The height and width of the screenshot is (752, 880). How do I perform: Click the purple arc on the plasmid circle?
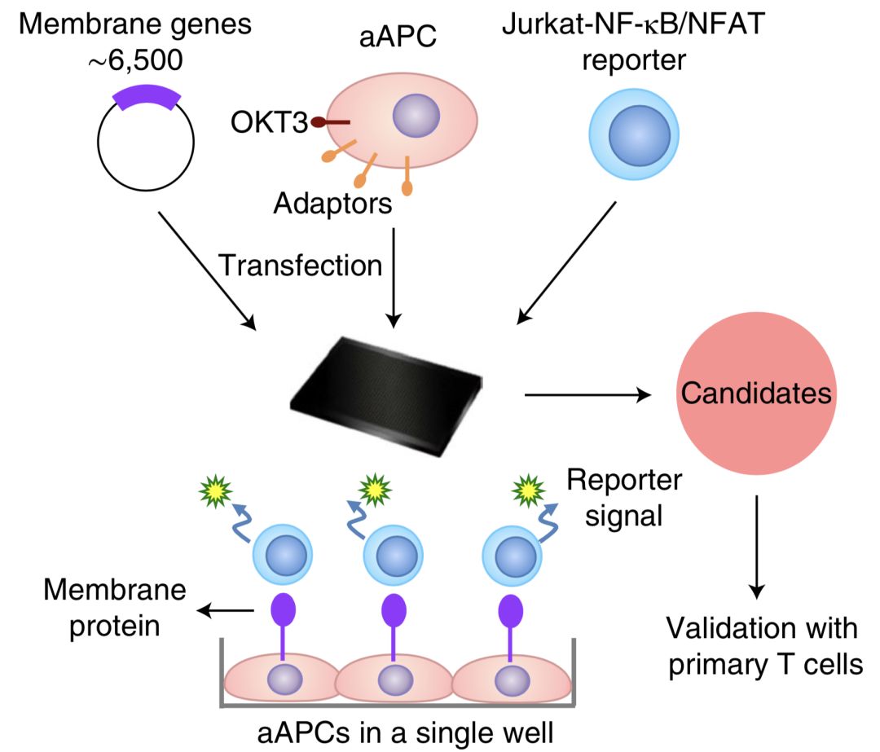point(145,98)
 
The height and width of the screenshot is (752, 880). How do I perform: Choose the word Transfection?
point(300,265)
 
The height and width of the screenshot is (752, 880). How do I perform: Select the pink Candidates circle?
point(755,394)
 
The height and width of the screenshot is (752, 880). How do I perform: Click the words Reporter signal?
point(624,497)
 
